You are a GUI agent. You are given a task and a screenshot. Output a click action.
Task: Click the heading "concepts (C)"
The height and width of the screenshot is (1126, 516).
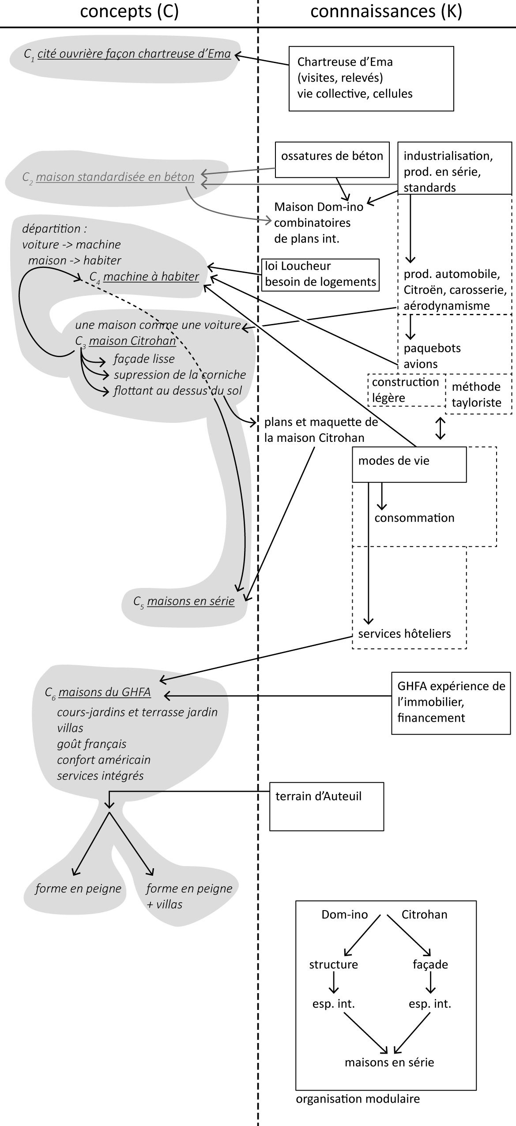coord(129,12)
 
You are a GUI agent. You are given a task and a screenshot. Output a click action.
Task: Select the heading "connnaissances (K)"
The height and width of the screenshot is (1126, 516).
coord(386,12)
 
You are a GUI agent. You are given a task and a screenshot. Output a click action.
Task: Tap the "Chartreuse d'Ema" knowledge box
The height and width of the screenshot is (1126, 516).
coord(371,78)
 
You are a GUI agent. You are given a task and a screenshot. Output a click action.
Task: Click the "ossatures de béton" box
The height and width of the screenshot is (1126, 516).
coord(332,159)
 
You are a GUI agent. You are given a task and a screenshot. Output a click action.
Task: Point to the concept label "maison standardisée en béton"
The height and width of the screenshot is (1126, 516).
coord(115,177)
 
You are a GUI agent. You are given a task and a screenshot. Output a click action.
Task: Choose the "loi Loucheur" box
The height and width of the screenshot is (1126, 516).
coord(320,274)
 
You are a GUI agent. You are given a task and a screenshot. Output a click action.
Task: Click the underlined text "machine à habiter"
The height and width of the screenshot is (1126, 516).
coord(151,277)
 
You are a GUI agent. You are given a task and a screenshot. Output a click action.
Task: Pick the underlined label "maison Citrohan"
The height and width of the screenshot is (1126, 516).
coord(132,341)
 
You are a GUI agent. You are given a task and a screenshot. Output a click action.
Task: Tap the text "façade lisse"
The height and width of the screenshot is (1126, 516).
coord(144,359)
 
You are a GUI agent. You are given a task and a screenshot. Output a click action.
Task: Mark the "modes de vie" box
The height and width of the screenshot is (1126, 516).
coord(409,464)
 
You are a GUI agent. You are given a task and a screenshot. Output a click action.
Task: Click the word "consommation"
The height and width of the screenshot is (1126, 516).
coord(414,518)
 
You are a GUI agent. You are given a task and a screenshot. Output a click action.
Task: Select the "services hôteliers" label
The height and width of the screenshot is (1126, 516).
coord(404,634)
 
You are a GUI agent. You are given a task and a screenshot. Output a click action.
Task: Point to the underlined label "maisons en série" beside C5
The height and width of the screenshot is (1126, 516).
coord(191,601)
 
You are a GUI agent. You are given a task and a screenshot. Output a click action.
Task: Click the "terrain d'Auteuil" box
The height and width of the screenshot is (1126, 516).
coord(326,806)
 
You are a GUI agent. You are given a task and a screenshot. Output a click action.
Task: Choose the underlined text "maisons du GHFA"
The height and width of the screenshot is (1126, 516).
coord(105,692)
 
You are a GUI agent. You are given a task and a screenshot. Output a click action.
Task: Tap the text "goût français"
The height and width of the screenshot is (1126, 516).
coord(91,744)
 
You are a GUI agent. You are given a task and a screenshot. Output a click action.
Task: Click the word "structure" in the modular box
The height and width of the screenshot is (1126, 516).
coord(333,964)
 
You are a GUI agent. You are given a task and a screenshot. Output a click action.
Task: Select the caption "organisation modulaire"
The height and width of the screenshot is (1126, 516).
coord(358,1099)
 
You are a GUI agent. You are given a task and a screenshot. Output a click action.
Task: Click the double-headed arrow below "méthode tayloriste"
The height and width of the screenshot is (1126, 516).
coord(440,428)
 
